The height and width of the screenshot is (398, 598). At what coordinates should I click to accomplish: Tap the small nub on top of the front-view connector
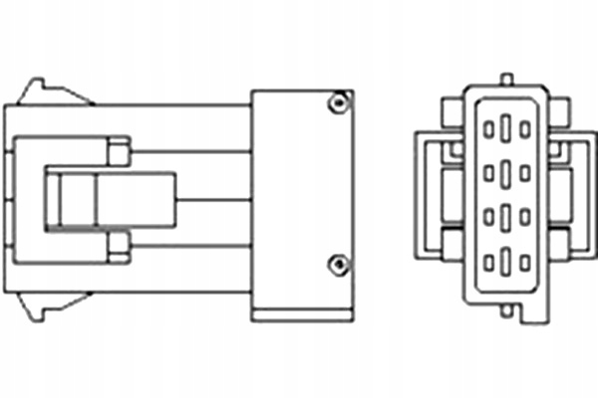tap(507, 78)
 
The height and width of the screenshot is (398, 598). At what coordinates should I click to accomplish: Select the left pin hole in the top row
tap(489, 128)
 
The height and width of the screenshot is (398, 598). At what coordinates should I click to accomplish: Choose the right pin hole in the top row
tap(524, 128)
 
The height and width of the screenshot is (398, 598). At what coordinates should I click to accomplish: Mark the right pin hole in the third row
tap(524, 216)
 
